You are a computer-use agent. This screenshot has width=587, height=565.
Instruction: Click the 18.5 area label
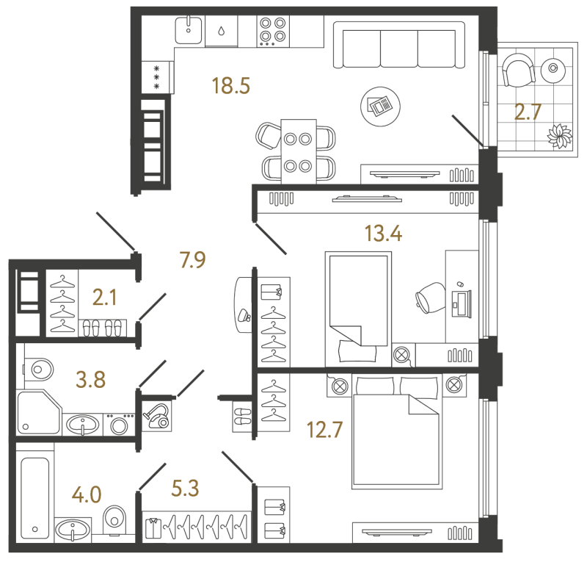[x=230, y=85]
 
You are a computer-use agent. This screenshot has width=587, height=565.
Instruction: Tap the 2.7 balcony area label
[x=528, y=112]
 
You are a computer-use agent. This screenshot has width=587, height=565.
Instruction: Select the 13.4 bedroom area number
[x=383, y=233]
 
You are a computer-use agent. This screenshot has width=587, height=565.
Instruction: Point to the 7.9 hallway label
[x=193, y=260]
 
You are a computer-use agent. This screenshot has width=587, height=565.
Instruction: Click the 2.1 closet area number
[x=104, y=298]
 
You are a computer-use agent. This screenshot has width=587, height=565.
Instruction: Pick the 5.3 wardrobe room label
[x=185, y=488]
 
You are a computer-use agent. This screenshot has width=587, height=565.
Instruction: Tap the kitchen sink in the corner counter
[x=189, y=30]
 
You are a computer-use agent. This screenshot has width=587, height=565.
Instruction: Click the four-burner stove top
[x=273, y=31]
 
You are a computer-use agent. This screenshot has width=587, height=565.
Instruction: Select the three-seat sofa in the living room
[x=399, y=45]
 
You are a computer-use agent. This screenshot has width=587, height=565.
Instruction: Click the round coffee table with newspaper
[x=380, y=107]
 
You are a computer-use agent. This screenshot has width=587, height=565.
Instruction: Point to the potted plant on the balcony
[x=560, y=136]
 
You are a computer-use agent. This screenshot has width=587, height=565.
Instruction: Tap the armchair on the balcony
[x=519, y=71]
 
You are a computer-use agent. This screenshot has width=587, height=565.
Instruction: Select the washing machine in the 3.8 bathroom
[x=119, y=425]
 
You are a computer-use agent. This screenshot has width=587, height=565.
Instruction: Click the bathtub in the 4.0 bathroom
[x=34, y=498]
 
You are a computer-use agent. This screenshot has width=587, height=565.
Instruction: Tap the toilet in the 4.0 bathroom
[x=114, y=519]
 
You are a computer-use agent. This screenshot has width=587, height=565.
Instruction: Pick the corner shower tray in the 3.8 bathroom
[x=38, y=412]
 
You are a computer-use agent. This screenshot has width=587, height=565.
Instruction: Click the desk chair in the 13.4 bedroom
[x=431, y=298]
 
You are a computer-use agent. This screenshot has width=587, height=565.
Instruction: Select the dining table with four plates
[x=299, y=151]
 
